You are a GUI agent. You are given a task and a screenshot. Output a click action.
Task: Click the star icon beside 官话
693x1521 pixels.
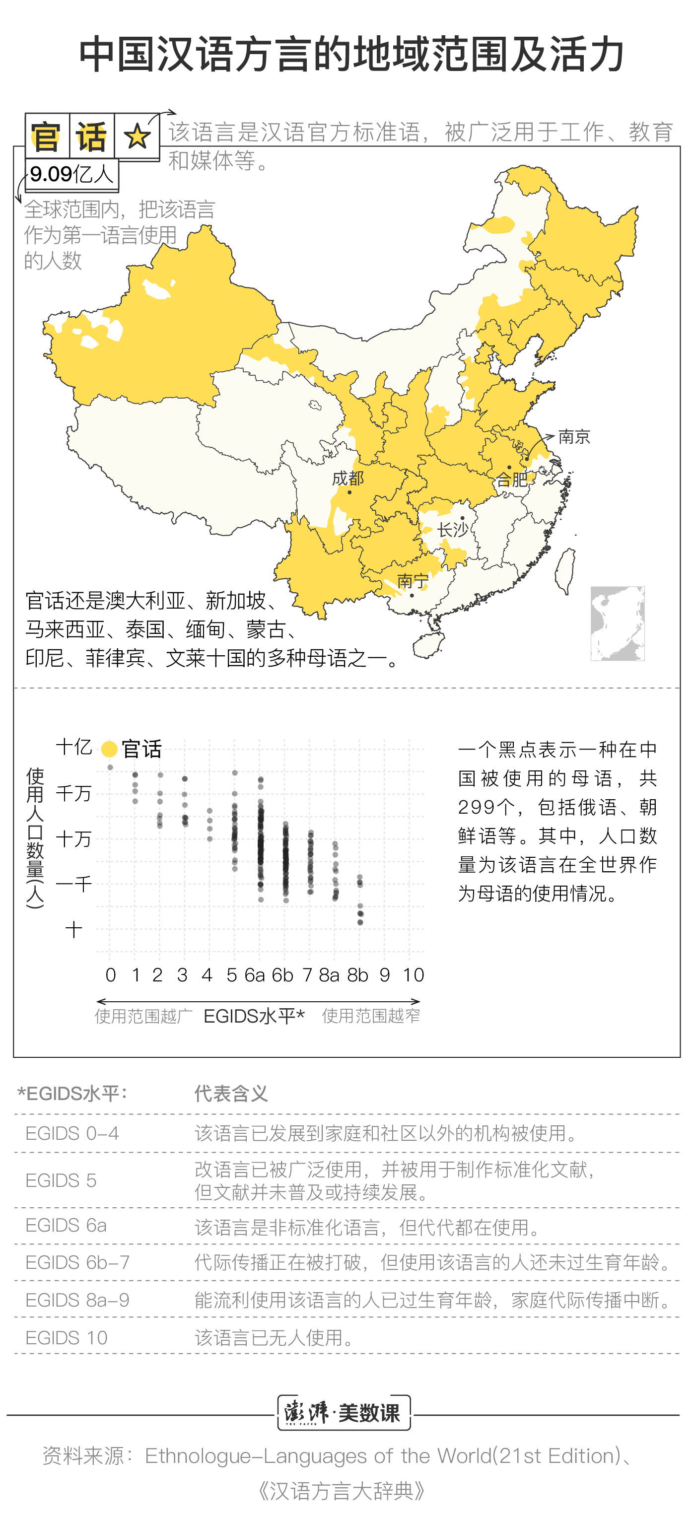[137, 137]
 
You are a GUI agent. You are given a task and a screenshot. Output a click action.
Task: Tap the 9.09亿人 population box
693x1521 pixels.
[71, 174]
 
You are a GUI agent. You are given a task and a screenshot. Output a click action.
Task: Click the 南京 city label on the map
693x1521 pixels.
[574, 437]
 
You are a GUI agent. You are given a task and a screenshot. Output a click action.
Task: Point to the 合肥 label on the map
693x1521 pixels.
[511, 480]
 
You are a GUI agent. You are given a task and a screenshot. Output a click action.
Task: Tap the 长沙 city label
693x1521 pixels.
[452, 530]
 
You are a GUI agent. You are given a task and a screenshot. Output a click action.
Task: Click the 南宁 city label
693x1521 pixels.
[413, 581]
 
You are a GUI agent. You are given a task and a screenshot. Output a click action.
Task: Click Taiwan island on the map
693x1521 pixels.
[566, 569]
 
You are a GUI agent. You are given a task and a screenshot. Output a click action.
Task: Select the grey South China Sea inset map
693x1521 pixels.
[618, 623]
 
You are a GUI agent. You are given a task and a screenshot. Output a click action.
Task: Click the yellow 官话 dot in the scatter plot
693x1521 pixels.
[109, 749]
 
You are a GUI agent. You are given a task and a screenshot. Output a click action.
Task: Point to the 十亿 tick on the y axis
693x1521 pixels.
[74, 747]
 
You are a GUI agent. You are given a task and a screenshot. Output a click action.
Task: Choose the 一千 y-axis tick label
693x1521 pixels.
[74, 884]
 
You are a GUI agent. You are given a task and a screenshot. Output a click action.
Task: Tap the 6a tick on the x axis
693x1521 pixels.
[255, 975]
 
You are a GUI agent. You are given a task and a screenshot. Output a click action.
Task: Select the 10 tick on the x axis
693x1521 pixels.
[413, 975]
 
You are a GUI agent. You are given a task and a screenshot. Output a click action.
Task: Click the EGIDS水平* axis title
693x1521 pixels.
[254, 1016]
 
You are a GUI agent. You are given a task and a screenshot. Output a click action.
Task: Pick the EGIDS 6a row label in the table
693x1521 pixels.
[66, 1225]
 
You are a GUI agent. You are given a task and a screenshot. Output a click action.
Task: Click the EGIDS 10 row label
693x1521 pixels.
[66, 1337]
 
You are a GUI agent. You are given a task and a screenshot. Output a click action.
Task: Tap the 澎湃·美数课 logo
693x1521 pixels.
[344, 1413]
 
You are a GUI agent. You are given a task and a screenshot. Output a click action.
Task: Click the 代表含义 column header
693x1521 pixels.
[231, 1094]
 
